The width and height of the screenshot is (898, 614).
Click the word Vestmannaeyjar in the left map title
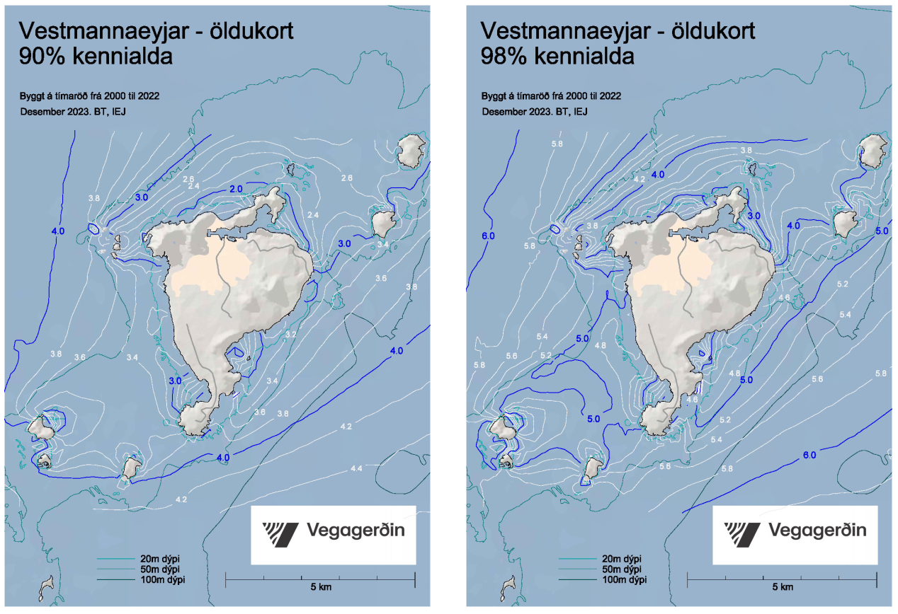(88, 30)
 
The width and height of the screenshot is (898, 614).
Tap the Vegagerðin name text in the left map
(356, 531)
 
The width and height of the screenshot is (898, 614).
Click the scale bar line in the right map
(782, 578)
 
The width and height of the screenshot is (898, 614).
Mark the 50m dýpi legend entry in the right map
(622, 569)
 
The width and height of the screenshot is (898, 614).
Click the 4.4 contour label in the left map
(356, 469)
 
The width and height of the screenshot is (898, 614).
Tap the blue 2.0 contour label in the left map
(236, 189)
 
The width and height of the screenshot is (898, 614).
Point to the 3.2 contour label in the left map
(290, 334)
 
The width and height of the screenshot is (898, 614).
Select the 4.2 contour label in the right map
(639, 180)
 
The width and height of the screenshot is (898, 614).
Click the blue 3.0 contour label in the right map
(754, 216)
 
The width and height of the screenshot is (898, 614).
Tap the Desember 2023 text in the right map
(535, 112)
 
